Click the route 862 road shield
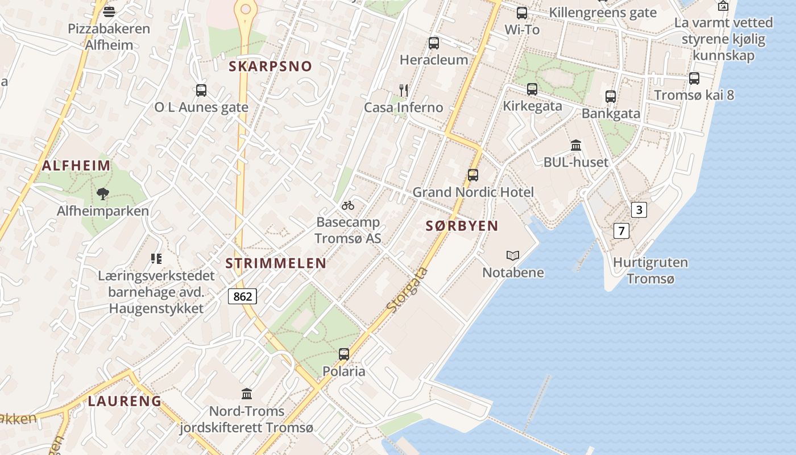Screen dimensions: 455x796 tap(242, 296)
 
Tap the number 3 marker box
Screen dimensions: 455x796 tap(639, 210)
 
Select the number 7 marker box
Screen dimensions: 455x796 tap(621, 231)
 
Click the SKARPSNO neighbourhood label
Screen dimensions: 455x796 tap(271, 66)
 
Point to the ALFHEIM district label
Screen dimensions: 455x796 tap(76, 166)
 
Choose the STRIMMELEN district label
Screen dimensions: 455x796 tap(276, 263)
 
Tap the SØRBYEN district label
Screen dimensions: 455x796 tap(462, 226)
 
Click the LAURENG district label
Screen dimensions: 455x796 tap(125, 401)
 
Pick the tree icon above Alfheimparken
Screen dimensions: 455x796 tap(102, 194)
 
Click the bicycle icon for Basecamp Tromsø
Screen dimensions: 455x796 tap(348, 205)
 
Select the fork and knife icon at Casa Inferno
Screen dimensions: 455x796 tap(404, 90)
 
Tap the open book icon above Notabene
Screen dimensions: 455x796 tap(513, 256)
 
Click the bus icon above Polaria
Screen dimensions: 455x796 tap(344, 354)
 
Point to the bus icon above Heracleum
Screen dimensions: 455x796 tap(434, 43)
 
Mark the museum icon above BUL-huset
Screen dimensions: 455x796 tap(576, 145)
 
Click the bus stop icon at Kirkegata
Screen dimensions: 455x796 tap(532, 89)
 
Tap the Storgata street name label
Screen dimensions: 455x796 tap(407, 289)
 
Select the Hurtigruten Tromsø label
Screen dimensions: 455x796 tap(650, 271)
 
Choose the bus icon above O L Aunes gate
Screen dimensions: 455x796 tap(201, 90)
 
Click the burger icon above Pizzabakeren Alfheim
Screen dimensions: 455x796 tap(109, 11)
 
